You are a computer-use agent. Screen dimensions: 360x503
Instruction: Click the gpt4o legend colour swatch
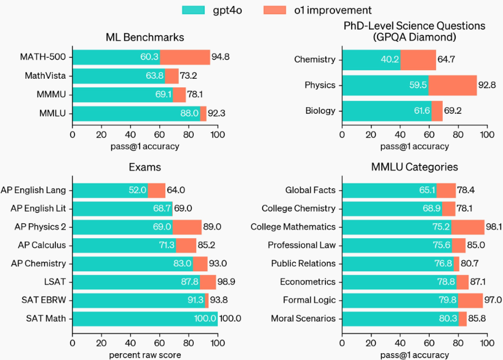(x=196, y=10)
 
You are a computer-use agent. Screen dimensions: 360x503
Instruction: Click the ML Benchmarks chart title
(x=145, y=38)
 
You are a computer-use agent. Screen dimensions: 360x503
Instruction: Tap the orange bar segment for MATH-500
(x=185, y=57)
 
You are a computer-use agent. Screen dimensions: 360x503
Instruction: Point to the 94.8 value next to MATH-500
(x=221, y=57)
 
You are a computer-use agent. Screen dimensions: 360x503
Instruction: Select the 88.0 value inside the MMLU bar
(x=189, y=113)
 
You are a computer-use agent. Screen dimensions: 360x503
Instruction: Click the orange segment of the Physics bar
(x=453, y=85)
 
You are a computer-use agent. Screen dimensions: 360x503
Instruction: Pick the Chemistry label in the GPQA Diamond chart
(x=315, y=60)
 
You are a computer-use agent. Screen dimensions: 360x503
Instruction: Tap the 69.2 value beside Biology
(x=454, y=111)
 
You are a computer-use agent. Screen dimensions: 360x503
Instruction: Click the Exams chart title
(x=145, y=167)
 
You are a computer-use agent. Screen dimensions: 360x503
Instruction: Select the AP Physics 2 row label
(x=40, y=226)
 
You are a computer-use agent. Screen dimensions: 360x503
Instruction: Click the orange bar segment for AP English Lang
(x=156, y=190)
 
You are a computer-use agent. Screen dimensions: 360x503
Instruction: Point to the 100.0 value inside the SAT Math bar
(x=206, y=319)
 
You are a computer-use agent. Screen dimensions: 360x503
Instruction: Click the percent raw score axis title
(x=145, y=355)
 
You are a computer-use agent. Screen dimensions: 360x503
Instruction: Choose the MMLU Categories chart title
(x=414, y=167)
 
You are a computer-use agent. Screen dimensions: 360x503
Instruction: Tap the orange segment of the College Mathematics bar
(x=468, y=226)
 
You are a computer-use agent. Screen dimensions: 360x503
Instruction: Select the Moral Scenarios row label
(x=303, y=319)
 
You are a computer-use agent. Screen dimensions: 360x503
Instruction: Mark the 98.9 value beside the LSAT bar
(x=228, y=282)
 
